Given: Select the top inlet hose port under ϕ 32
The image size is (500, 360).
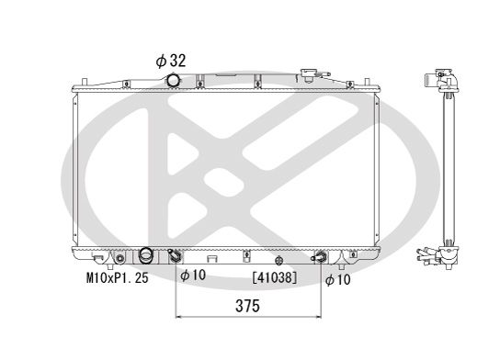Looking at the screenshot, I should pos(173,82).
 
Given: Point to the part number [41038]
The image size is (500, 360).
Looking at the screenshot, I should pos(273,276).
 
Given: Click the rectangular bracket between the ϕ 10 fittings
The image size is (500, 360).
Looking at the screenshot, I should pos(212,257).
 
